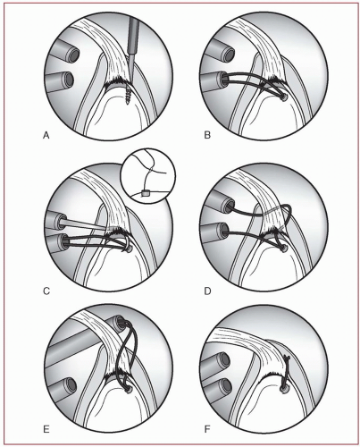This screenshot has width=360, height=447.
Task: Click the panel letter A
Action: (x=46, y=136)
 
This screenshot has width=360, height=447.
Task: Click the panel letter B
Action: (x=207, y=135)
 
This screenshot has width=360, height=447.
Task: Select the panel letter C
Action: (x=46, y=291)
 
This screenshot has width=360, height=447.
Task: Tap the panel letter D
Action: (x=207, y=291)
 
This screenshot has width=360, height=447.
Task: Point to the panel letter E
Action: (x=46, y=429)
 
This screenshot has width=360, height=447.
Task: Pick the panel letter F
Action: (x=207, y=429)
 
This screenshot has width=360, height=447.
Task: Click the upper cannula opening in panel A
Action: (x=73, y=55)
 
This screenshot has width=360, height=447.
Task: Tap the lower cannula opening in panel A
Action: (x=69, y=80)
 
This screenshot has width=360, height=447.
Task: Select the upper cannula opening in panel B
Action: (x=230, y=55)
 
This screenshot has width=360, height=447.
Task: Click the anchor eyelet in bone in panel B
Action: (x=285, y=97)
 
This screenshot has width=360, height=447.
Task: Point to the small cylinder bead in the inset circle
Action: (x=146, y=193)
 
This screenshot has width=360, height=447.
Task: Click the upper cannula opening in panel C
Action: (x=62, y=222)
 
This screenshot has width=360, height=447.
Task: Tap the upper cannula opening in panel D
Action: (x=230, y=207)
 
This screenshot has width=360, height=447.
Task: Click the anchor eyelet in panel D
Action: (x=285, y=249)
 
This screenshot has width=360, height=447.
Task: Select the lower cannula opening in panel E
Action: (x=71, y=385)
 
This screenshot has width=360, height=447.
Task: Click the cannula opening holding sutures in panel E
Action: (x=121, y=321)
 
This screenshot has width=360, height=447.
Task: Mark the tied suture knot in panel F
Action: (x=287, y=358)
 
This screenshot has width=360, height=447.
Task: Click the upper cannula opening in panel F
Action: (x=225, y=361)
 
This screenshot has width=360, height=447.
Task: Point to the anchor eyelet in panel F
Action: (x=283, y=388)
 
